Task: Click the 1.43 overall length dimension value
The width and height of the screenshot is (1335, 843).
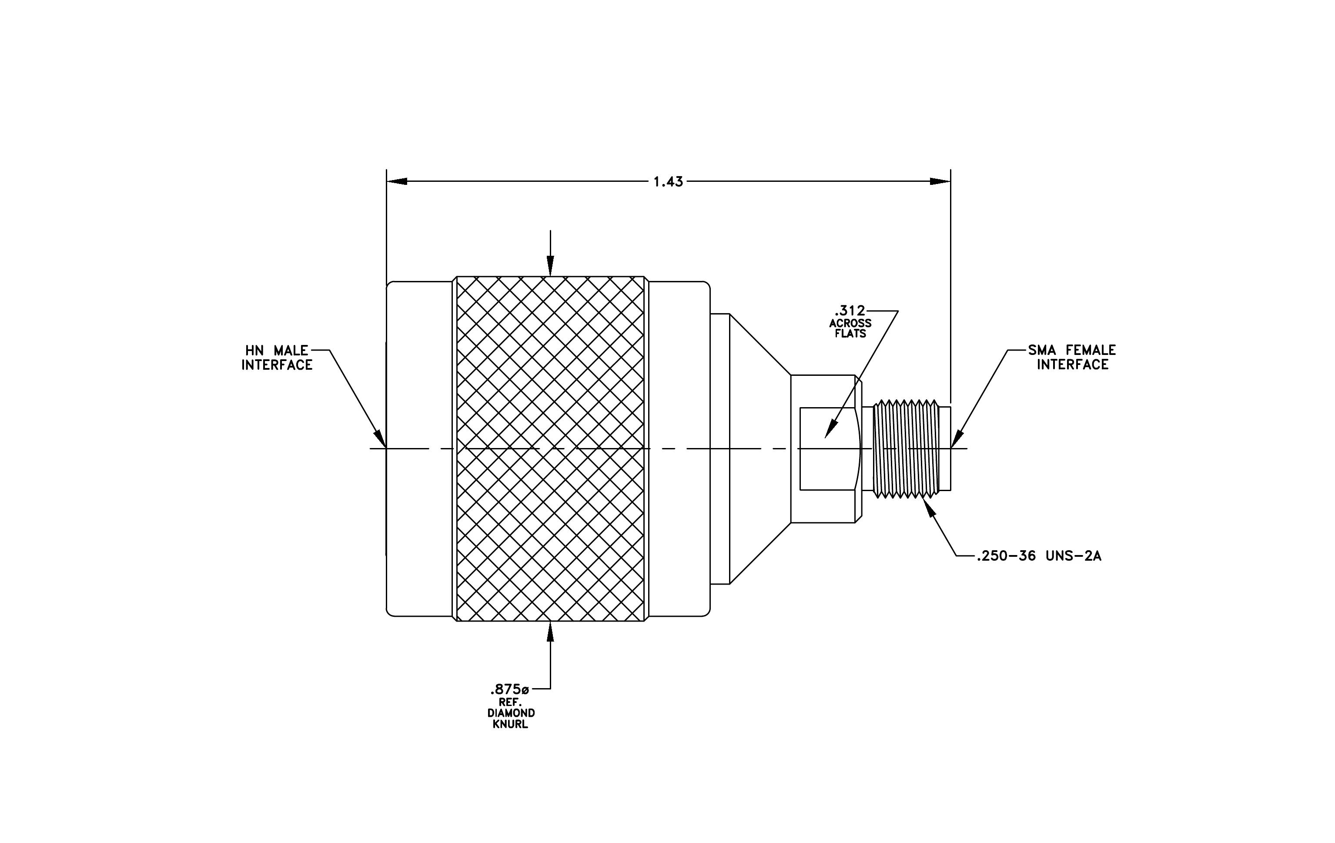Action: tap(668, 182)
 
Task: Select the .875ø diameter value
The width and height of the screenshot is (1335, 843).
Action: tap(509, 689)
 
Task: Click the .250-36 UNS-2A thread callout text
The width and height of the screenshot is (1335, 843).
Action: tap(1039, 556)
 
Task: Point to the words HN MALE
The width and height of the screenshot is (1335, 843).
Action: tap(277, 350)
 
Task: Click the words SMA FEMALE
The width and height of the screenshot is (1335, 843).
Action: tap(1072, 350)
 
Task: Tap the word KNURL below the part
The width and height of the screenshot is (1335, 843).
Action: tap(510, 724)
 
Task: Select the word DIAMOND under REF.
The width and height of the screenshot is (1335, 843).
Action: tap(511, 713)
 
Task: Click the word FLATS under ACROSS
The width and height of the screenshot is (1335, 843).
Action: tap(850, 334)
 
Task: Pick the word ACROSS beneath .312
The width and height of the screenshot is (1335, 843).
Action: tap(850, 323)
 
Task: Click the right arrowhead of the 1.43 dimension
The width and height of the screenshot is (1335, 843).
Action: tap(940, 181)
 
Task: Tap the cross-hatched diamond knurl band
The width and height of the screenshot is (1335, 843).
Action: tap(550, 448)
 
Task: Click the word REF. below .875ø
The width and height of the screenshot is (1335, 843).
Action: tap(510, 702)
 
